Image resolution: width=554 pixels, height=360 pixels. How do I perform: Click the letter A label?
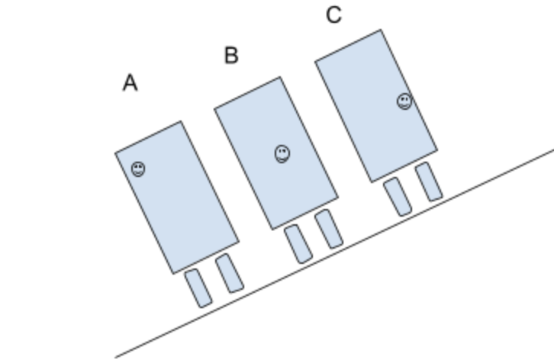pyautogui.click(x=130, y=83)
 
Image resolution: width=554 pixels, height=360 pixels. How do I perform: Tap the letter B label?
pyautogui.click(x=231, y=55)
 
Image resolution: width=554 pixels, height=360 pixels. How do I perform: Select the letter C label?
pyautogui.click(x=333, y=15)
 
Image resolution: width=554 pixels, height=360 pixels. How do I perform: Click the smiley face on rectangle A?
pyautogui.click(x=137, y=169)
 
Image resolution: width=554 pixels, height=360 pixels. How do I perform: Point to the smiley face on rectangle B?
pyautogui.click(x=282, y=153)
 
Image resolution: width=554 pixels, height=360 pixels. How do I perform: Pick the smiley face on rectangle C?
pyautogui.click(x=404, y=101)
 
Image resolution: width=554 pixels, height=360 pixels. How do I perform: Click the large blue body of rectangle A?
pyautogui.click(x=177, y=197)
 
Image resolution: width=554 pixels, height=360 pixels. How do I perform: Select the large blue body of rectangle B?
pyautogui.click(x=275, y=153)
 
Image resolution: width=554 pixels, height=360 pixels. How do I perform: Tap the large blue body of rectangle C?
pyautogui.click(x=376, y=106)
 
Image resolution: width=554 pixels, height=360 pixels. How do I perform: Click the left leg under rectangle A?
pyautogui.click(x=198, y=288)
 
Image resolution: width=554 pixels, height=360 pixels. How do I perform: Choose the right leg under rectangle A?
pyautogui.click(x=229, y=273)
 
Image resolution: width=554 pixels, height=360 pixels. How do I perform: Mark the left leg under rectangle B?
pyautogui.click(x=298, y=244)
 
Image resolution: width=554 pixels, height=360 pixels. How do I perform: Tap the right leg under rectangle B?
pyautogui.click(x=329, y=228)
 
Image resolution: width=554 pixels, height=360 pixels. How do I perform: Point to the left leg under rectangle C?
pyautogui.click(x=397, y=197)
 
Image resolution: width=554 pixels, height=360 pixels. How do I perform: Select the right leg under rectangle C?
pyautogui.click(x=429, y=181)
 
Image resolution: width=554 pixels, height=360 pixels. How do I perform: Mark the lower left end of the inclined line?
pyautogui.click(x=116, y=356)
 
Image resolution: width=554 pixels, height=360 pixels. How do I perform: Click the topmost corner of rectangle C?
pyautogui.click(x=380, y=30)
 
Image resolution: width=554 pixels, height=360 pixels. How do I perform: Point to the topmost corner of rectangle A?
pyautogui.click(x=181, y=121)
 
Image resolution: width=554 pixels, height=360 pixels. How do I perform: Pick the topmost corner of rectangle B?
pyautogui.click(x=280, y=76)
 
